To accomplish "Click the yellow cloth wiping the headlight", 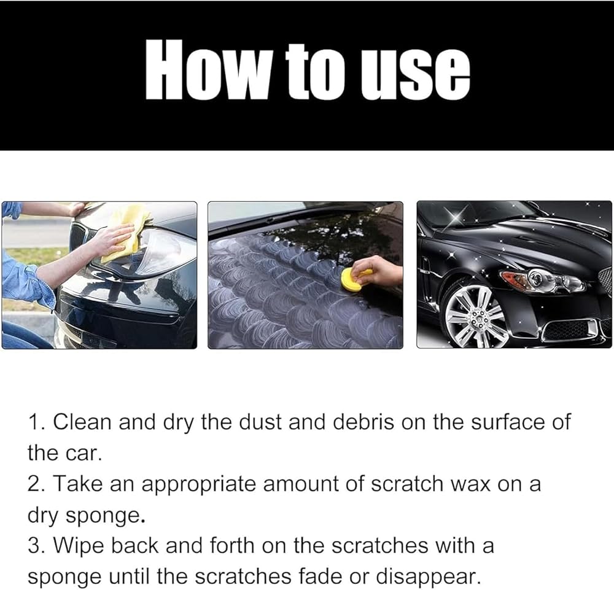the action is [x=125, y=233].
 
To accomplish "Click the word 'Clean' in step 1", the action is [x=82, y=422].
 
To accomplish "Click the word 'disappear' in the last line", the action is [x=427, y=577].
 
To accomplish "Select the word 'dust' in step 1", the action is [x=260, y=422].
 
